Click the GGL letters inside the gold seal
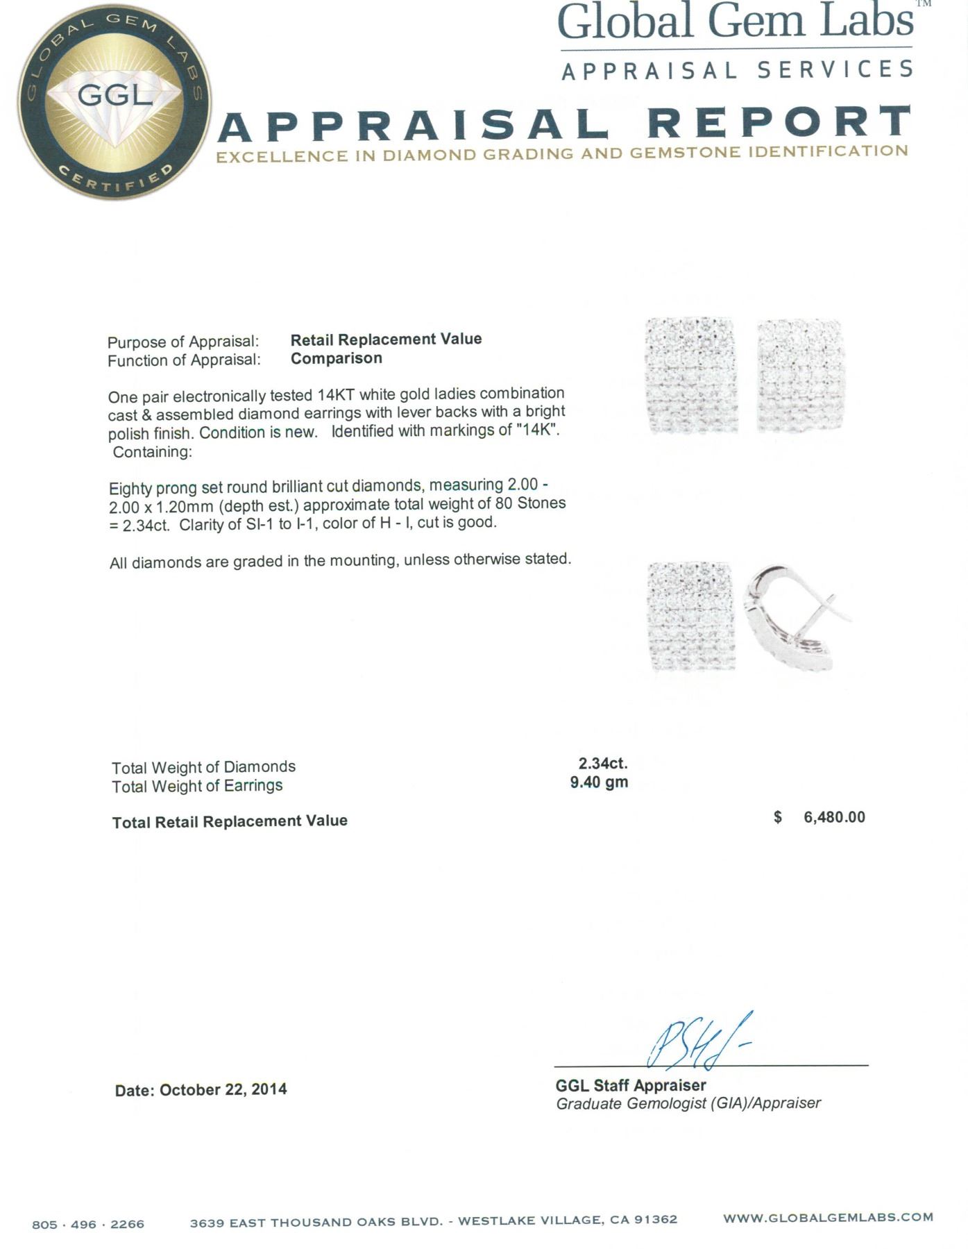click(x=115, y=94)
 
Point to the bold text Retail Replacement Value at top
click(x=386, y=340)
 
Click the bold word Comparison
click(x=336, y=358)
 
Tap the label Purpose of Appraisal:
click(x=183, y=342)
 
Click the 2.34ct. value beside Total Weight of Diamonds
click(x=603, y=763)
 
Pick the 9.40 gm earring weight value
click(x=599, y=782)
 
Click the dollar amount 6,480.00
click(x=834, y=817)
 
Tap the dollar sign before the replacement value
click(x=778, y=817)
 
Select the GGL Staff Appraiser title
click(x=630, y=1085)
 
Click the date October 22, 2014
click(x=223, y=1089)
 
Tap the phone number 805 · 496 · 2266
click(x=88, y=1224)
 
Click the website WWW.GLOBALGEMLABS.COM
click(x=828, y=1217)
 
